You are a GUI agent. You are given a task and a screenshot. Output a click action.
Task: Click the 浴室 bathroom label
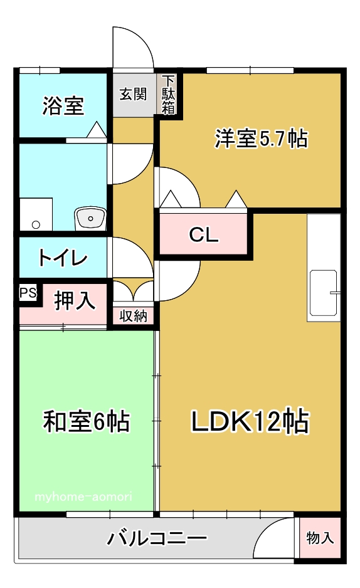tap(63, 106)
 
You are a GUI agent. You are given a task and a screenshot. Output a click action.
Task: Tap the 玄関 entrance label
tap(133, 94)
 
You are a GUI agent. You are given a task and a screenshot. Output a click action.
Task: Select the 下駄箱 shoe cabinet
tap(168, 95)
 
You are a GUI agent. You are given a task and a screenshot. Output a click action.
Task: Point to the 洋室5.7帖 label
tap(261, 139)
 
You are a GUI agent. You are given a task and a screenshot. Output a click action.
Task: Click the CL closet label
tap(204, 235)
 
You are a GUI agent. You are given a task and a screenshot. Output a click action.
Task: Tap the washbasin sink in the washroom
tap(90, 218)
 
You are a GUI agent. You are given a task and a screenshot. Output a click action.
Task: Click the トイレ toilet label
tap(63, 258)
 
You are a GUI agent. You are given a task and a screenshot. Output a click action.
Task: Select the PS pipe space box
tap(28, 293)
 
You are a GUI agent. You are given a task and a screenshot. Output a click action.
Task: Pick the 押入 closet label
tap(75, 300)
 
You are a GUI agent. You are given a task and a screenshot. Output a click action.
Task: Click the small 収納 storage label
tap(133, 316)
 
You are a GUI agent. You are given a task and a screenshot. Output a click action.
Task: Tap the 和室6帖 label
tap(87, 421)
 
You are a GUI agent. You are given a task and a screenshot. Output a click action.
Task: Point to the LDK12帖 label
tap(250, 421)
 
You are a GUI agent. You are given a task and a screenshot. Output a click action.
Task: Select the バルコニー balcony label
tap(157, 538)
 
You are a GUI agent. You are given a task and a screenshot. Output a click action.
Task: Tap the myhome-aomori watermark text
tap(83, 497)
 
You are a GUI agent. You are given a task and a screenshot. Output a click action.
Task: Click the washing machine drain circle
tap(36, 224)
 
